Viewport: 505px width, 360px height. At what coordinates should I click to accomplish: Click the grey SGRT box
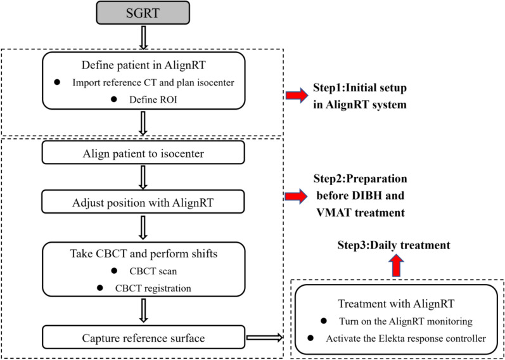pos(144,13)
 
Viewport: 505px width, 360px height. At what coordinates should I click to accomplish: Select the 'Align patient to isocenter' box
pos(143,154)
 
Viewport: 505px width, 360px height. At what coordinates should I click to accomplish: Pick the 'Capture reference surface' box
pos(143,338)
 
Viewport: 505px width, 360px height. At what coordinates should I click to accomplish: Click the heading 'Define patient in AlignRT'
pos(143,65)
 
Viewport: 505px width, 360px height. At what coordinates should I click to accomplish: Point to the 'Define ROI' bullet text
pos(153,100)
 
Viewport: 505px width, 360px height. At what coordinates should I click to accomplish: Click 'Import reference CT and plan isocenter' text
pos(153,82)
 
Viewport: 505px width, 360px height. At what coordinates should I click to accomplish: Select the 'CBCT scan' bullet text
pos(153,271)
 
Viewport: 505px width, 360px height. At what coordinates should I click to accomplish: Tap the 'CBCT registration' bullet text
pos(153,288)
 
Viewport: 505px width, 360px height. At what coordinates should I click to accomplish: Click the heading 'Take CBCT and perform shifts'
pos(144,254)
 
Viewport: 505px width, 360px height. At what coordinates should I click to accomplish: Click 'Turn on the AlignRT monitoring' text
pos(406,321)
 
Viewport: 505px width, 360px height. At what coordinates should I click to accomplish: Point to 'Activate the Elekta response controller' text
pos(406,338)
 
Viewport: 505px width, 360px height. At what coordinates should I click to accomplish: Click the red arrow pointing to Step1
pos(297,96)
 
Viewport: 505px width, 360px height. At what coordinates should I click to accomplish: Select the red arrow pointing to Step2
pos(297,196)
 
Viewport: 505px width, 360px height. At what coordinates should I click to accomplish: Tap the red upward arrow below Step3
pos(397,265)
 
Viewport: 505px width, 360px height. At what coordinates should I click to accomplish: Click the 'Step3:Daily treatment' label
pos(393,245)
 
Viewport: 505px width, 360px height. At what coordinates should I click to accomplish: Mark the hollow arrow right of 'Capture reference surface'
pos(264,338)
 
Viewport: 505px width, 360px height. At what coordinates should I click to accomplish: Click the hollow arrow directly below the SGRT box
pos(144,37)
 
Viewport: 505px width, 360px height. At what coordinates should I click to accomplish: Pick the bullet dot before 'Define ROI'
pos(113,100)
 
